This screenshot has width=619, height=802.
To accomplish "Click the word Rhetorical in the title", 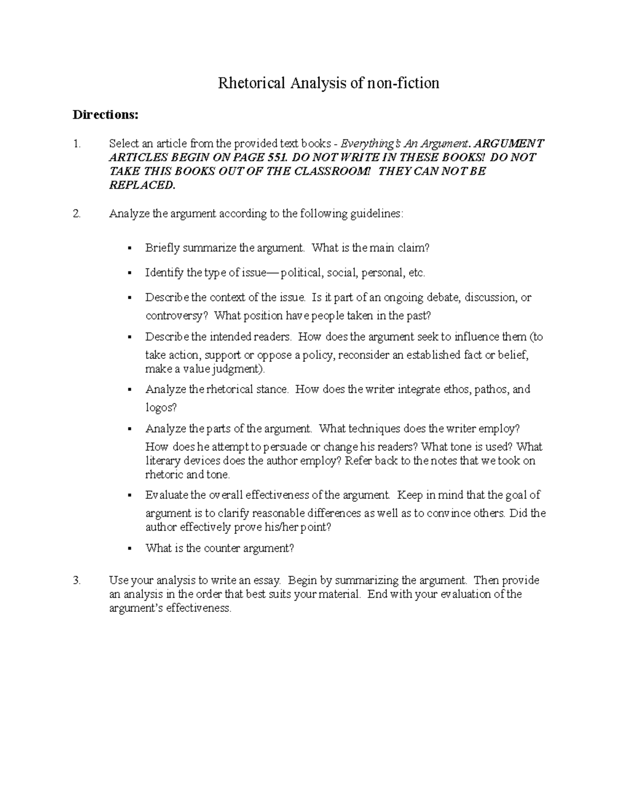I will [251, 83].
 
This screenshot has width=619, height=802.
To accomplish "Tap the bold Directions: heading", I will [105, 115].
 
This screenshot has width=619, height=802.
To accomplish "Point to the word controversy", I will [177, 316].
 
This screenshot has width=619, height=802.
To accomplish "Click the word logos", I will [160, 407].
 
